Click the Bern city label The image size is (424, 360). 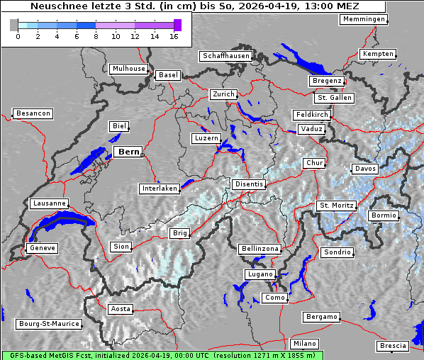(128, 152)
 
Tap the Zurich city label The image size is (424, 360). (223, 94)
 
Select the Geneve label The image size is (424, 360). (42, 249)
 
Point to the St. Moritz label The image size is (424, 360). (336, 206)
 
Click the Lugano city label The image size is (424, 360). (260, 274)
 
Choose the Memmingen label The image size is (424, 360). (364, 19)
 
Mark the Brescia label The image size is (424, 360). (393, 346)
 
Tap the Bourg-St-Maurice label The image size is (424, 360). (48, 324)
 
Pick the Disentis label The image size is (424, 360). (248, 184)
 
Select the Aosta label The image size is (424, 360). (120, 309)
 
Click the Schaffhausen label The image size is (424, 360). (225, 55)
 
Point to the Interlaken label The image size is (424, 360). (160, 189)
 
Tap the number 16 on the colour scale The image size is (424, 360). (174, 37)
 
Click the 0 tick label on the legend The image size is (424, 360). (17, 37)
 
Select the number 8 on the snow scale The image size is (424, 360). (96, 37)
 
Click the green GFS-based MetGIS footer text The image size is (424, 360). (162, 354)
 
